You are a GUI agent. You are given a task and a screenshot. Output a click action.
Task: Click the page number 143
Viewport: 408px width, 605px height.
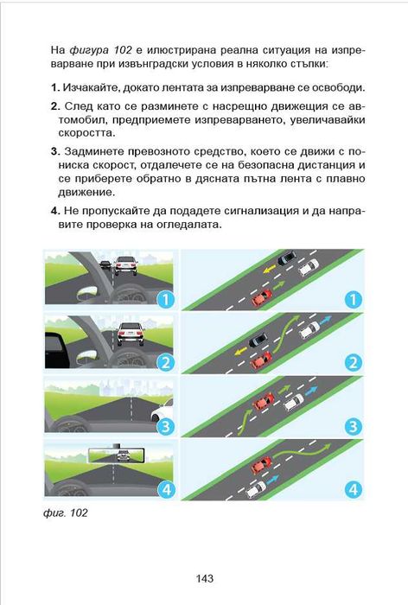[204, 578]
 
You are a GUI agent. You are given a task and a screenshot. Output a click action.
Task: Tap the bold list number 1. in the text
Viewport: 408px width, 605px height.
[54, 87]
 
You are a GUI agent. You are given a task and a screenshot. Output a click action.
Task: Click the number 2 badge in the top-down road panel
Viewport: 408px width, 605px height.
[352, 362]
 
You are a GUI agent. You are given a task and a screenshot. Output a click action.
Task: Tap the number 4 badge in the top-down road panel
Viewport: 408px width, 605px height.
[352, 489]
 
